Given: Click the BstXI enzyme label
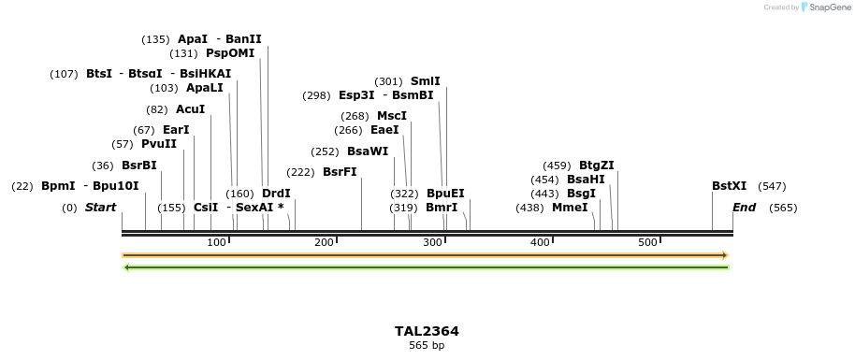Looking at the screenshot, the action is (x=729, y=186).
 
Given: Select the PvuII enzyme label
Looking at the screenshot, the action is (x=158, y=144).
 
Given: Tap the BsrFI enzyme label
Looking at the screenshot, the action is (x=340, y=172).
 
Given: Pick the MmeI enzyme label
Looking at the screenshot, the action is (x=570, y=208).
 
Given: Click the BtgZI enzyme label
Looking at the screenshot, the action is (x=597, y=166).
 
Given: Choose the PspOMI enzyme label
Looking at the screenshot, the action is (x=230, y=53).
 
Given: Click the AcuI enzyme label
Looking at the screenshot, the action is (x=190, y=109).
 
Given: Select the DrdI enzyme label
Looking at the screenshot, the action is (x=276, y=194).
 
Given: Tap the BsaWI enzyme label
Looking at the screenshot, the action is (x=368, y=151).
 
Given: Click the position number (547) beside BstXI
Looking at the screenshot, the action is (x=772, y=186).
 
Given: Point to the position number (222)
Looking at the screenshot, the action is (x=301, y=172).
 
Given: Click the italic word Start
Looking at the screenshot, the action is (x=100, y=208).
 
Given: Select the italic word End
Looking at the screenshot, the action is (x=744, y=208).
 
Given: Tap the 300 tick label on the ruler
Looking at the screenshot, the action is (x=432, y=243).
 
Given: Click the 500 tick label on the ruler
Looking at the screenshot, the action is (x=647, y=243).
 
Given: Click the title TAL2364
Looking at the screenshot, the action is (x=427, y=331).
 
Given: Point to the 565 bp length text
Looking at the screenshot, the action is (x=427, y=346).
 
